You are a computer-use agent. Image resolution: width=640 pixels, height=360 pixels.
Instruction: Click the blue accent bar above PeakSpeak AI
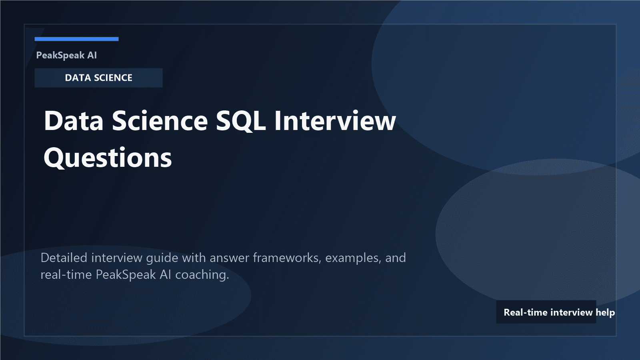[x=76, y=39]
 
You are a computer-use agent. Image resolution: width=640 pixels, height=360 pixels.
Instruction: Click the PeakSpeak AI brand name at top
[x=66, y=55]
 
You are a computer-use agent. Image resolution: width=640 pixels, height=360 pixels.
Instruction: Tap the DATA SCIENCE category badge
[x=98, y=78]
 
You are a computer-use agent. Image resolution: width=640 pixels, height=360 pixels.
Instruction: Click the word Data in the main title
[x=74, y=121]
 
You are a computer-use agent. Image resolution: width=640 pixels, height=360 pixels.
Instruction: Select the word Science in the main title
[x=160, y=121]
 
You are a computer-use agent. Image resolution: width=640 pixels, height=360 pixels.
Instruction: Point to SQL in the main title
[x=240, y=121]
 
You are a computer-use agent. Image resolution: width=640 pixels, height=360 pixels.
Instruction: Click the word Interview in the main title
[x=335, y=121]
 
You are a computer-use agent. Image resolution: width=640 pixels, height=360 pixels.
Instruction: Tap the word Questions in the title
[x=108, y=158]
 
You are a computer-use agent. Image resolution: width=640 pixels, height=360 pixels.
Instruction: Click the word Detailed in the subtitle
[x=64, y=258]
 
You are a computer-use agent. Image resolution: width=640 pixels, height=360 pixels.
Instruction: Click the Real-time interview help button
[x=546, y=312]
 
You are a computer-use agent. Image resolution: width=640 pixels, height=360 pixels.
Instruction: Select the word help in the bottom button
[x=605, y=312]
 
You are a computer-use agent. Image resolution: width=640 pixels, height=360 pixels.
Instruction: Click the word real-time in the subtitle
[x=66, y=275]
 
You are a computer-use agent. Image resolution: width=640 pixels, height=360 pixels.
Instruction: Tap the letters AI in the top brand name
[x=92, y=55]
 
